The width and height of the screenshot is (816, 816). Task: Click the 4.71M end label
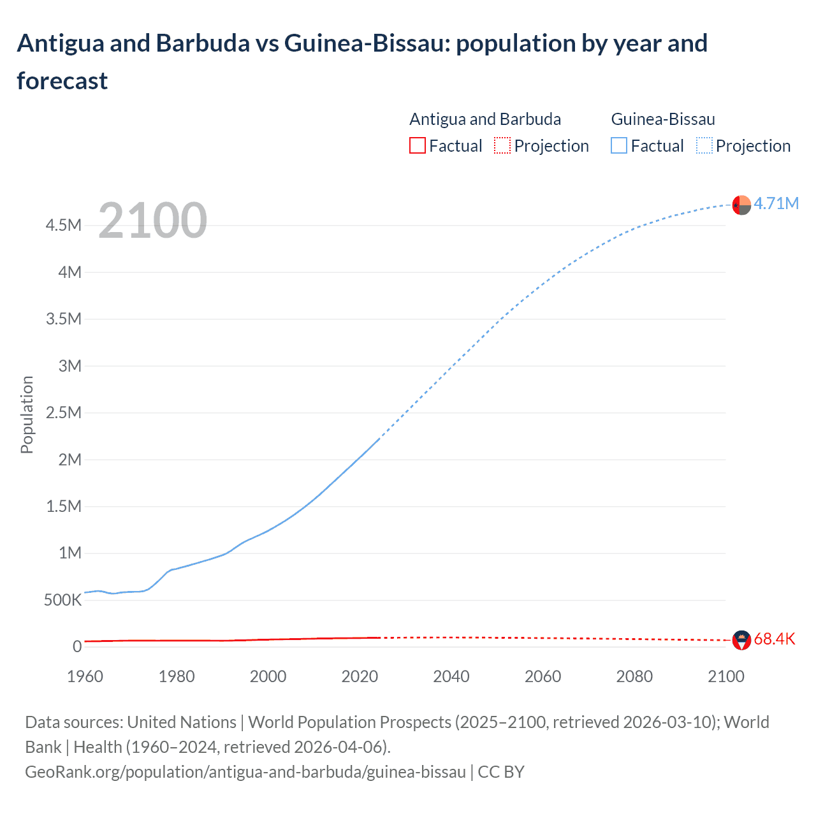coord(776,203)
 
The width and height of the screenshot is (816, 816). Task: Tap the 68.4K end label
coord(774,639)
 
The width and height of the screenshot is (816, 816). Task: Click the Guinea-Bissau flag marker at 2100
coord(741,205)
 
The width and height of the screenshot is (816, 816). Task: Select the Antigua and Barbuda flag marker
coord(741,640)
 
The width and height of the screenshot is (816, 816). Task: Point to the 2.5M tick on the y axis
coord(64,412)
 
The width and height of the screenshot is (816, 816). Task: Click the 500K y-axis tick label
coord(63,600)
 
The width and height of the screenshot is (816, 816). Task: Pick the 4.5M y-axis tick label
coord(64,225)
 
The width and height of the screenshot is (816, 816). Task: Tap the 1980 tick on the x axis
coord(177,676)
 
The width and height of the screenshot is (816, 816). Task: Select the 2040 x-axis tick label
coord(451,676)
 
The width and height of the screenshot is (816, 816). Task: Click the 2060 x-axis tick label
coord(543,676)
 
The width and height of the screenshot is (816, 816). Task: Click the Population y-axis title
coord(27,414)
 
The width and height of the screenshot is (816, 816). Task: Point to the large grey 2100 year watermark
coord(152,221)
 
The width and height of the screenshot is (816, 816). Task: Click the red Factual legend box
coord(418,146)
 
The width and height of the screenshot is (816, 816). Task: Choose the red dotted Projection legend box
coord(502,146)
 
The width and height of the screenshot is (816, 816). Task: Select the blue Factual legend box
coord(619,146)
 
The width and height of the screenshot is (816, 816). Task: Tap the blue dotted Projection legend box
coord(704,146)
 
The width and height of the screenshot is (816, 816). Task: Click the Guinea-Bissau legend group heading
coord(663,119)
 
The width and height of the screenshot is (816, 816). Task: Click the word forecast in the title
coord(62,81)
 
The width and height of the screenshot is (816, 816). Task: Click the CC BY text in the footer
coord(501,772)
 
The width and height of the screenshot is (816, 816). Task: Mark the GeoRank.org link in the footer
coord(245,772)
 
